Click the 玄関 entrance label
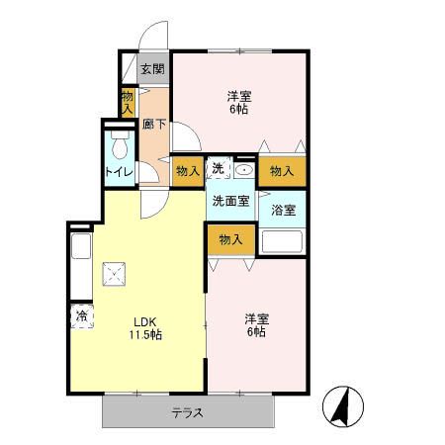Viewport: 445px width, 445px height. click(x=151, y=69)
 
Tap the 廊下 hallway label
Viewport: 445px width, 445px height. click(x=153, y=125)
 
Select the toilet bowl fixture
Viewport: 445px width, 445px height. click(x=119, y=147)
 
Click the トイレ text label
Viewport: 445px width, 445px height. click(x=118, y=172)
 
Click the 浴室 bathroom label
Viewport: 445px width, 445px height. click(x=283, y=210)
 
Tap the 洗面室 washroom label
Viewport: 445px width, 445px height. click(x=228, y=201)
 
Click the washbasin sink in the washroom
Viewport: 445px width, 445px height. click(x=244, y=170)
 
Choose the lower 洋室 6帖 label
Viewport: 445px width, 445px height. click(x=256, y=326)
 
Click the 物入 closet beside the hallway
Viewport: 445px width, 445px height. click(x=128, y=102)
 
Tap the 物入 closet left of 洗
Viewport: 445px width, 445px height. click(x=188, y=171)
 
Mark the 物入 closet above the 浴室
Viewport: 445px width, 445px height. click(x=282, y=171)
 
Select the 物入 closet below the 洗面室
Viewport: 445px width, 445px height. click(x=230, y=240)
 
